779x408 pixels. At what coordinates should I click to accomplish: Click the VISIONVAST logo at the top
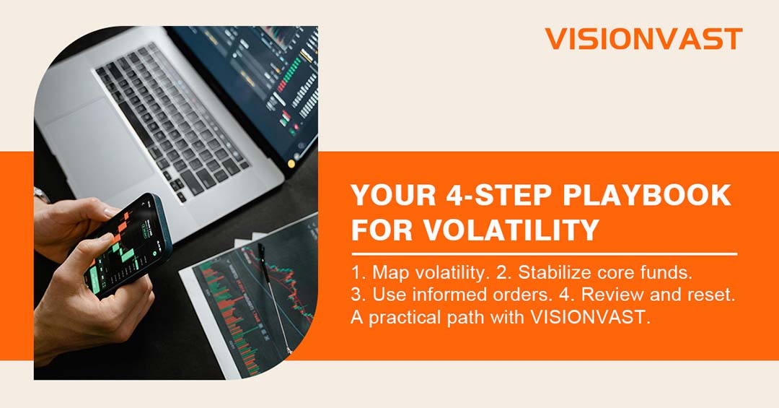643,39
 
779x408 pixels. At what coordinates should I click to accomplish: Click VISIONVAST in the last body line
590,317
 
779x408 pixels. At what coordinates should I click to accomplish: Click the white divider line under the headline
544,253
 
